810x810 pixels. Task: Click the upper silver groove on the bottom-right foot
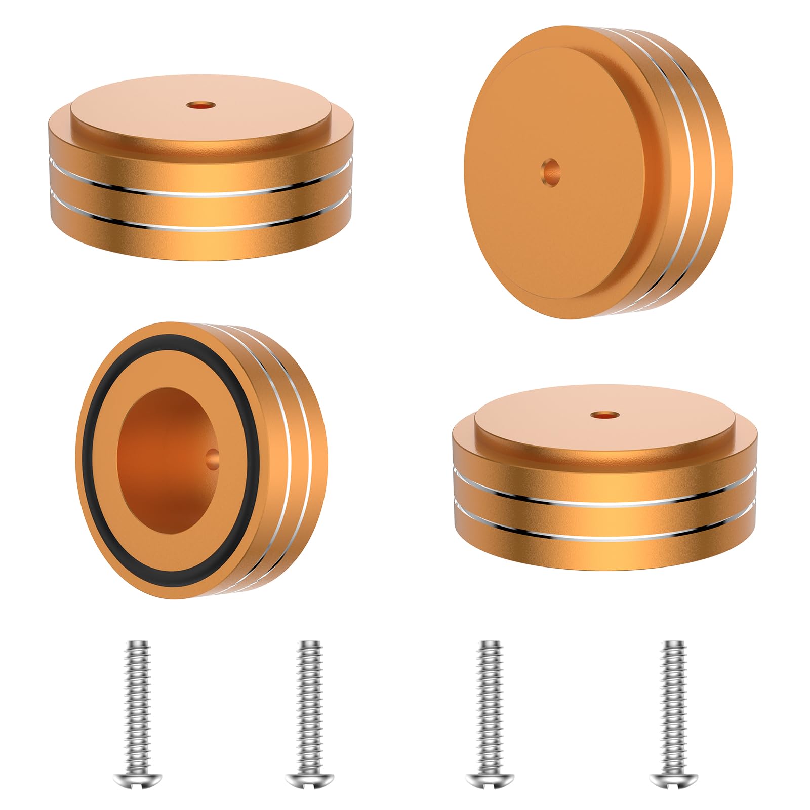(x=605, y=501)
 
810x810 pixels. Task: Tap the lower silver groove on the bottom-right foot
(x=605, y=535)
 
